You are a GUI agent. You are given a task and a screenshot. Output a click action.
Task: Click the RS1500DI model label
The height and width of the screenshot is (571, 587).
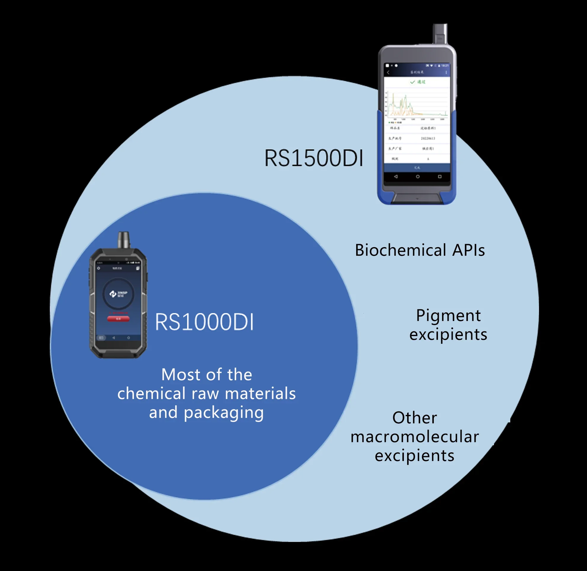coord(314,158)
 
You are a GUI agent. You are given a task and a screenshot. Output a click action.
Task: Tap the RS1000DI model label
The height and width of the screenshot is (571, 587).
coord(204,322)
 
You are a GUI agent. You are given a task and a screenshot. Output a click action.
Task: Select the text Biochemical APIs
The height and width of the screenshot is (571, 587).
coord(420,250)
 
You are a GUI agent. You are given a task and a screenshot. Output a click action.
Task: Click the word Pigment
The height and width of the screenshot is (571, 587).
coord(448,316)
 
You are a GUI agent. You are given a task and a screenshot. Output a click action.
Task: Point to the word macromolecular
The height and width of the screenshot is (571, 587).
coord(415,437)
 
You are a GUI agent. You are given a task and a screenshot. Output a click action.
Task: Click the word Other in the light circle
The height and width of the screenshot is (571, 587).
coord(415,418)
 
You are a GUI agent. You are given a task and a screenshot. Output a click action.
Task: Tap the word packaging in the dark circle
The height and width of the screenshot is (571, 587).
coord(223,413)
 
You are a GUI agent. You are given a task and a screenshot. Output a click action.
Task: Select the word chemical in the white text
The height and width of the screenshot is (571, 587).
coord(151,393)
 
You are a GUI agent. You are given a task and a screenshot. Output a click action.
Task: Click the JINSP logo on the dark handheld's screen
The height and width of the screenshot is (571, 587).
coord(118,294)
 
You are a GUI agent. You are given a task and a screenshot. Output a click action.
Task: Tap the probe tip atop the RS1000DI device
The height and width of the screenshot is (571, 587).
coord(124,239)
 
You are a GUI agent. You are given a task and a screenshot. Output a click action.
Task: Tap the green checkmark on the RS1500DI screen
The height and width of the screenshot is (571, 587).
coord(412,82)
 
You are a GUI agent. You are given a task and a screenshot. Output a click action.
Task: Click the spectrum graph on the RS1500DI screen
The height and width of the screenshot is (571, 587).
coord(417,105)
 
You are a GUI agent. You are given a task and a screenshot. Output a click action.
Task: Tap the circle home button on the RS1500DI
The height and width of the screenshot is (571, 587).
coord(418,176)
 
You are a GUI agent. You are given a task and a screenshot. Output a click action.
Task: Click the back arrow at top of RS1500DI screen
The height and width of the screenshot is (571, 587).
coord(388,72)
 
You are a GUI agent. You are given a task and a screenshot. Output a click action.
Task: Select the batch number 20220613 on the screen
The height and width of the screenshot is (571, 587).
coord(428,138)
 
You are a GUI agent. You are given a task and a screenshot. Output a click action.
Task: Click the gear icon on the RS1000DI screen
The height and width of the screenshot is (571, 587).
coord(99,268)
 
